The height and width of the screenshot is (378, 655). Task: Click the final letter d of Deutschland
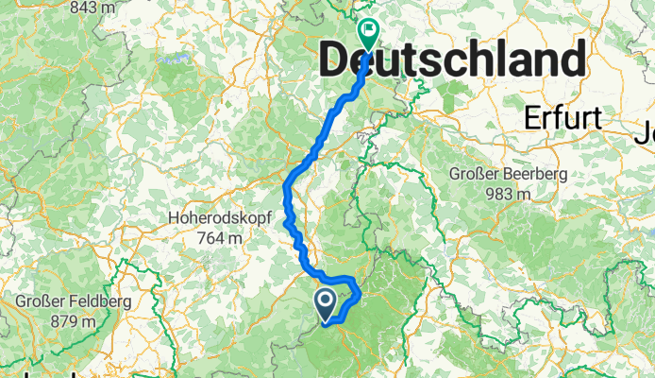click(x=571, y=62)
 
